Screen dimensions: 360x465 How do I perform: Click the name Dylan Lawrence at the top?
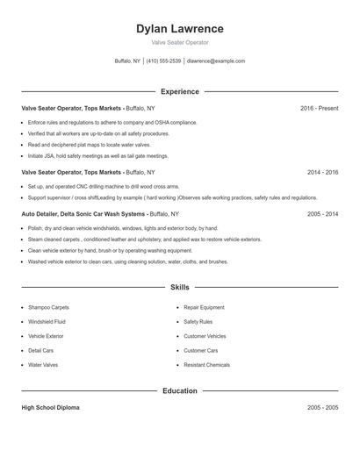tap(180, 29)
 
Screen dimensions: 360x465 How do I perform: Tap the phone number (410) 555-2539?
tap(163, 61)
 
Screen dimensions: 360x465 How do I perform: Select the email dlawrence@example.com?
tap(216, 61)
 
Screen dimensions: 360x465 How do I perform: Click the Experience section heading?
tap(180, 91)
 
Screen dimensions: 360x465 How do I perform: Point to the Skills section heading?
tap(180, 287)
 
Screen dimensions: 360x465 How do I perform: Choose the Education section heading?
tap(180, 390)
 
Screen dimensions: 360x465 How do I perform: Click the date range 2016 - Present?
tap(319, 108)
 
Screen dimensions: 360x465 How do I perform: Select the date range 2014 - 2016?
tap(322, 173)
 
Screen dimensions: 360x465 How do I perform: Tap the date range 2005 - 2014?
tap(322, 213)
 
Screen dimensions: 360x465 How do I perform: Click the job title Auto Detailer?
tap(45, 213)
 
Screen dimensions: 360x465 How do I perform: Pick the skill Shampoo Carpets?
tap(48, 307)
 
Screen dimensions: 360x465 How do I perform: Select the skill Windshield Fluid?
tap(47, 322)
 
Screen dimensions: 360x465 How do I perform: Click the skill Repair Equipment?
tap(205, 307)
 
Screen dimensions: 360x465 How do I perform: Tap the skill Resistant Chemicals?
tap(206, 364)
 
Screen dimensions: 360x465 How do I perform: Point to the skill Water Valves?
tap(43, 364)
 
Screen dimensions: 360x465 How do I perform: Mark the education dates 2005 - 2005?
tap(322, 408)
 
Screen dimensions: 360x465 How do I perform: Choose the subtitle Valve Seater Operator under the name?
tap(180, 42)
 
